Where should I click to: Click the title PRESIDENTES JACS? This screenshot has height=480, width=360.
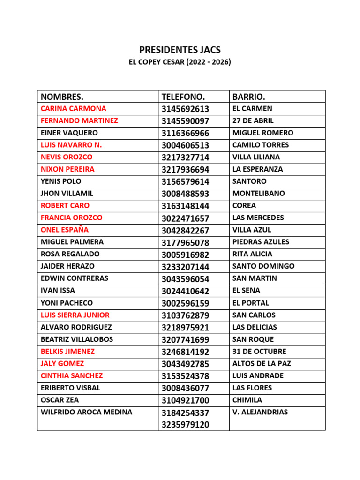180,50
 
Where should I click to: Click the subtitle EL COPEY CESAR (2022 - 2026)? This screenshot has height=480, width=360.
180,62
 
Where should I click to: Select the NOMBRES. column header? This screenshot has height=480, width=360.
62,97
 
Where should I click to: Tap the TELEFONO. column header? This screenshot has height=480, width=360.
183,97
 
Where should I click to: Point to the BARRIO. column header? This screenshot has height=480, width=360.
249,97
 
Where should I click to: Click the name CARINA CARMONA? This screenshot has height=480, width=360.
74,109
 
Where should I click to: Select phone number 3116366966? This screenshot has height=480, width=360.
185,133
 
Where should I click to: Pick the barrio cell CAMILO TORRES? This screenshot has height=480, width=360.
261,145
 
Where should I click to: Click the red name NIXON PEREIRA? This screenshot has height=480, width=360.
67,169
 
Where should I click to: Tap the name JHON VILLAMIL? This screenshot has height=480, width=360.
67,193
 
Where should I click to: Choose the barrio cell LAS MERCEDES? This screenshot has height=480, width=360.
258,217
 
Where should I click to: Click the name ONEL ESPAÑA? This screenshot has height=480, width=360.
65,230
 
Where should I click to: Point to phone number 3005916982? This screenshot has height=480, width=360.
185,255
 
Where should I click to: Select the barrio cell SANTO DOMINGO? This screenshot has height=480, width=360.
263,266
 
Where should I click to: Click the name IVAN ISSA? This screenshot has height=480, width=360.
58,291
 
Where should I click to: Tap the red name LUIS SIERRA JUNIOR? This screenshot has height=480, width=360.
75,315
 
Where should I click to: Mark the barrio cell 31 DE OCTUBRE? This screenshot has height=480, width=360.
259,352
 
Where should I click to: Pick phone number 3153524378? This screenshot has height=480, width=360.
185,376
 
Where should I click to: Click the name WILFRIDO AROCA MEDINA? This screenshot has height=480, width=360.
87,412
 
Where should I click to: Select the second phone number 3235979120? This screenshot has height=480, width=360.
185,425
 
